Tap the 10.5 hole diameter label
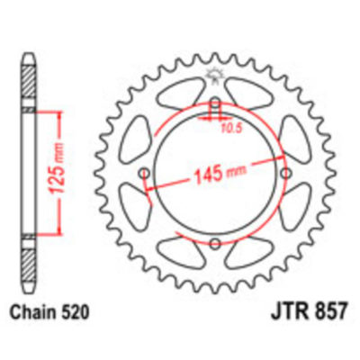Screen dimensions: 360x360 pos(233,127)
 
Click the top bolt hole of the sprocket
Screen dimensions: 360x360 pos(216,101)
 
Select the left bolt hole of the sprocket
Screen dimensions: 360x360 pos(143,173)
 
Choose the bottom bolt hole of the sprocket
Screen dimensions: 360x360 pos(216,245)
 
